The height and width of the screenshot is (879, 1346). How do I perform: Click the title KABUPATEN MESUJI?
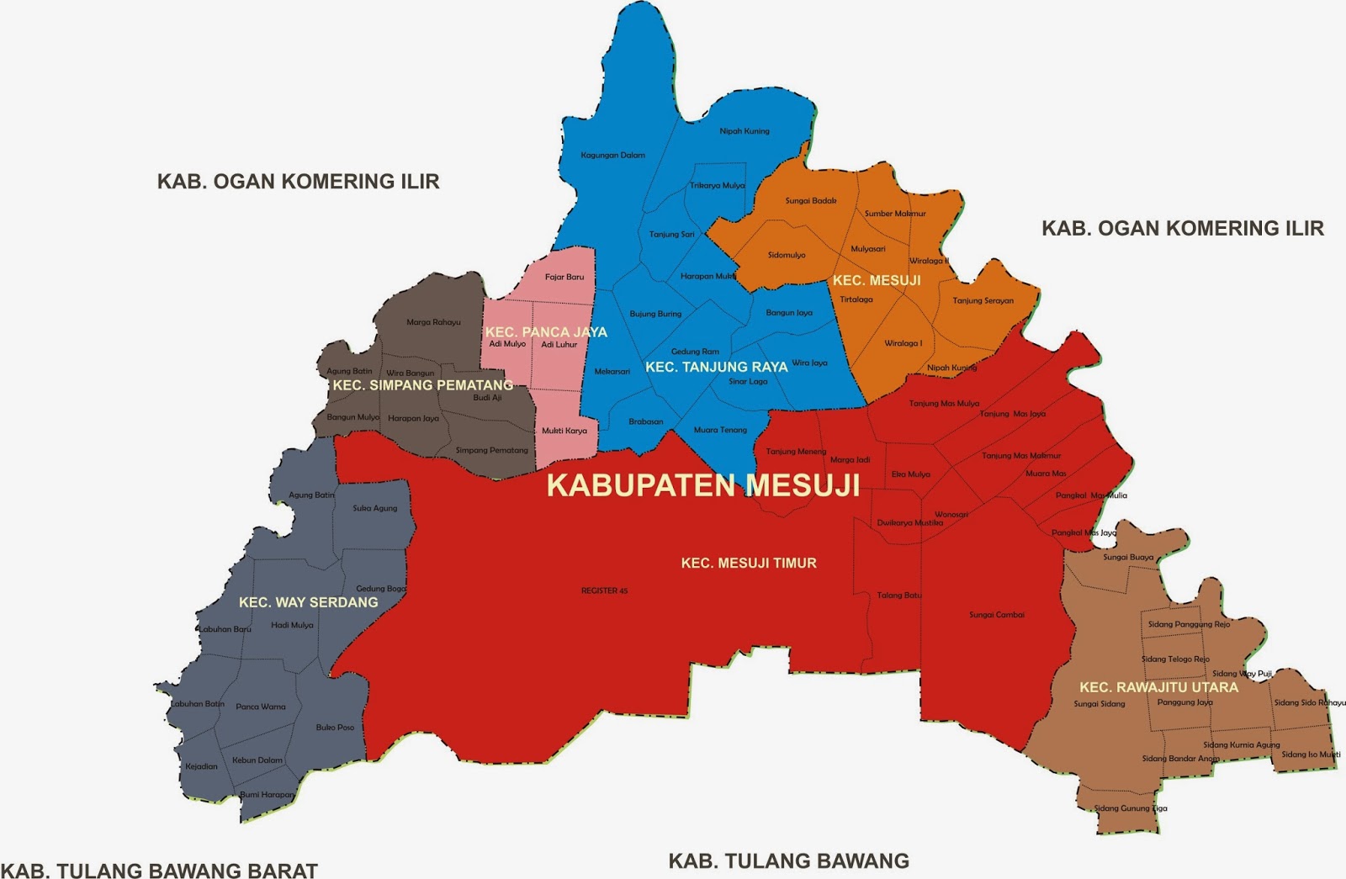click(x=702, y=485)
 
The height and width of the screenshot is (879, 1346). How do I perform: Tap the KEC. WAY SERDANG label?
click(x=308, y=602)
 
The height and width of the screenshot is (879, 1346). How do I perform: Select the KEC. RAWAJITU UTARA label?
click(x=1158, y=687)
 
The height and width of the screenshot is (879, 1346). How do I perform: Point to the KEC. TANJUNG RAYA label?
click(x=716, y=367)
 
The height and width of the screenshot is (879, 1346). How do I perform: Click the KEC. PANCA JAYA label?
click(x=546, y=331)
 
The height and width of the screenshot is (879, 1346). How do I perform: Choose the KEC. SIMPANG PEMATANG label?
click(x=422, y=385)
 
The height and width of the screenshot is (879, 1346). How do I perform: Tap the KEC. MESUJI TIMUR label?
click(x=749, y=563)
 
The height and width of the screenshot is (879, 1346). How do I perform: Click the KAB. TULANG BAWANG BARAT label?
click(x=159, y=870)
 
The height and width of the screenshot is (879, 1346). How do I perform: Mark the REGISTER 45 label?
click(x=604, y=590)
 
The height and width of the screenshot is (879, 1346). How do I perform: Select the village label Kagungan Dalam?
click(x=612, y=155)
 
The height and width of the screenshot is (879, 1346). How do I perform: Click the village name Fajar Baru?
click(x=564, y=277)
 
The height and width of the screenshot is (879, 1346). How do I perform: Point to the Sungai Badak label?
click(x=810, y=201)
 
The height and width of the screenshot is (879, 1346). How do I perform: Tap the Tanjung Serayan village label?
click(x=983, y=300)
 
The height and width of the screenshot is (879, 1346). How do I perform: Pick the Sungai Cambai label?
click(x=996, y=615)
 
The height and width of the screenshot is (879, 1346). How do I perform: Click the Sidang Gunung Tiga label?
click(x=1130, y=808)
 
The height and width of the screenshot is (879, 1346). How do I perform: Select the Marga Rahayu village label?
click(x=433, y=322)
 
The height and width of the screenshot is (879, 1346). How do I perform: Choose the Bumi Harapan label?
click(x=267, y=794)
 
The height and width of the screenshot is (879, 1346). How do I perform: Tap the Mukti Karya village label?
click(x=564, y=431)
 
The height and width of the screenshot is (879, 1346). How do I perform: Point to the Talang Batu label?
click(x=899, y=595)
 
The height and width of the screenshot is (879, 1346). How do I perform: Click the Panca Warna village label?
click(x=260, y=707)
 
